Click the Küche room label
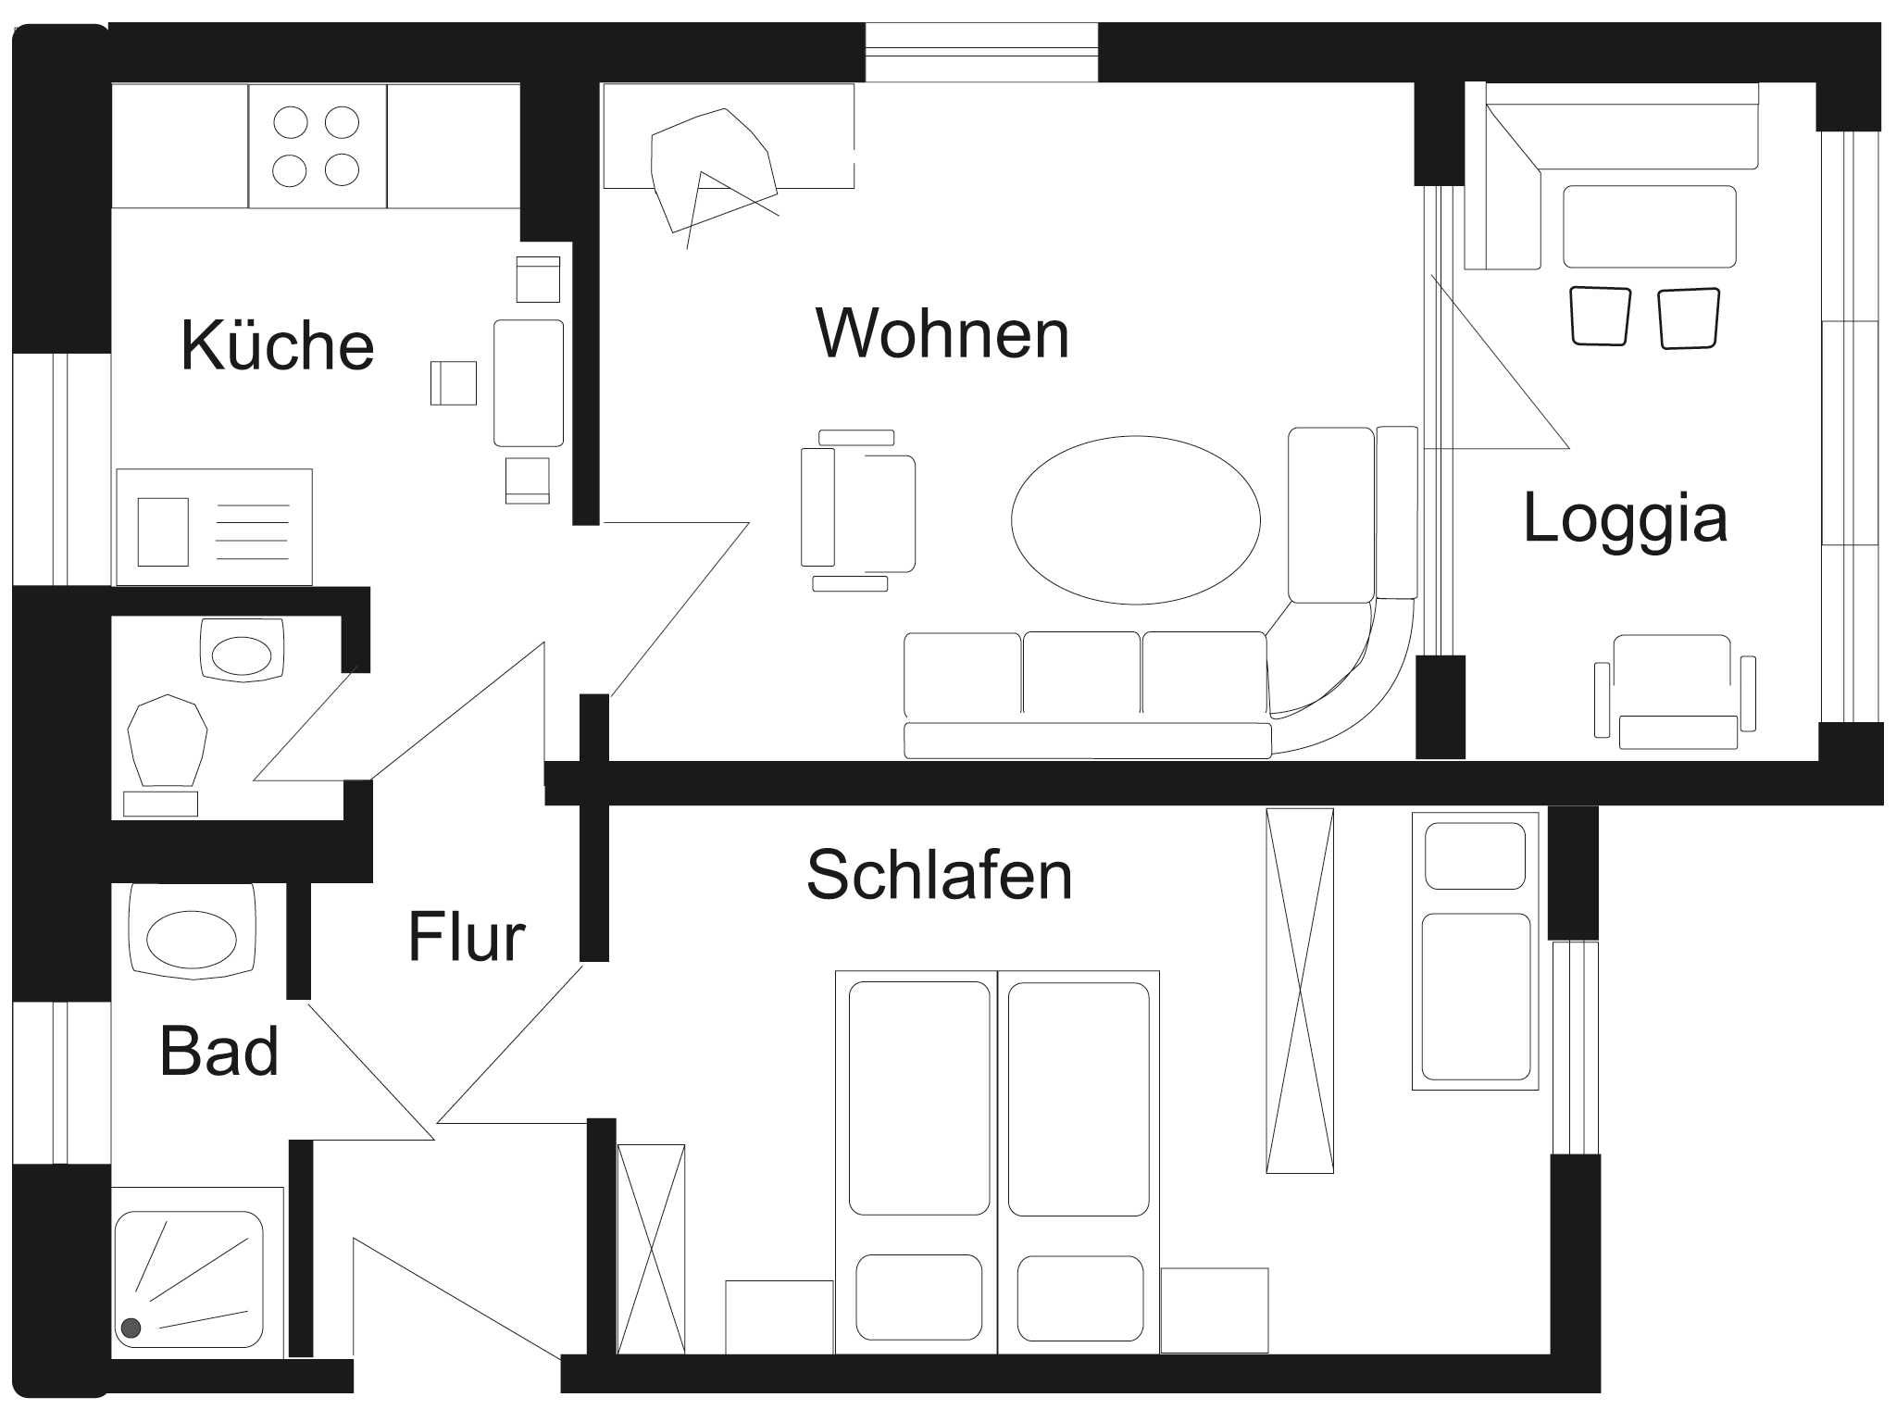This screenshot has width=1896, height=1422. coord(278,344)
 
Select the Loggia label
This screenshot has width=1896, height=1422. coord(1625,518)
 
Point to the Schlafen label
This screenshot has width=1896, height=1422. coord(940,874)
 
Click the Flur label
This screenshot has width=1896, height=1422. coord(467,937)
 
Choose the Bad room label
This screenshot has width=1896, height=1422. coord(219,1051)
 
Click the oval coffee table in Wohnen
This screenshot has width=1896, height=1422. coord(1136,520)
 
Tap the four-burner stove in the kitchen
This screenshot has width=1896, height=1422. coord(317,145)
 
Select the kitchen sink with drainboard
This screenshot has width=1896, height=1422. coord(214,527)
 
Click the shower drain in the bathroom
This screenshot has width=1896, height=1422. coord(131,1328)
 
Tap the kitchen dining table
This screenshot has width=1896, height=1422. coord(529,383)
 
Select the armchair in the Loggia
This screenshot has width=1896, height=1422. coord(1675,691)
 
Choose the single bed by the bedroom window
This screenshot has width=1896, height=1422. coord(1475,951)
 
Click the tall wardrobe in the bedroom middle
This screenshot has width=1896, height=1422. coord(1300,991)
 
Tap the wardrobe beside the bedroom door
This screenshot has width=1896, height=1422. coord(651,1250)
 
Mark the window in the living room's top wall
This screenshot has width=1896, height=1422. coord(981,52)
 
